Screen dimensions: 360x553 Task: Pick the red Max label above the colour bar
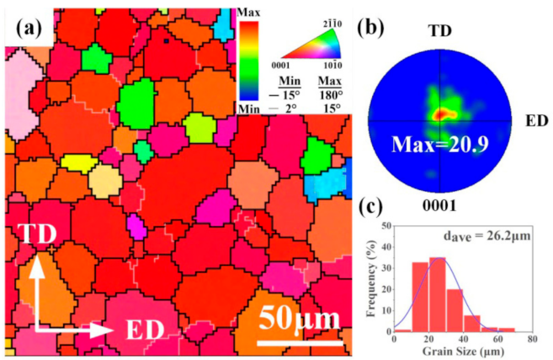click(250, 11)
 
